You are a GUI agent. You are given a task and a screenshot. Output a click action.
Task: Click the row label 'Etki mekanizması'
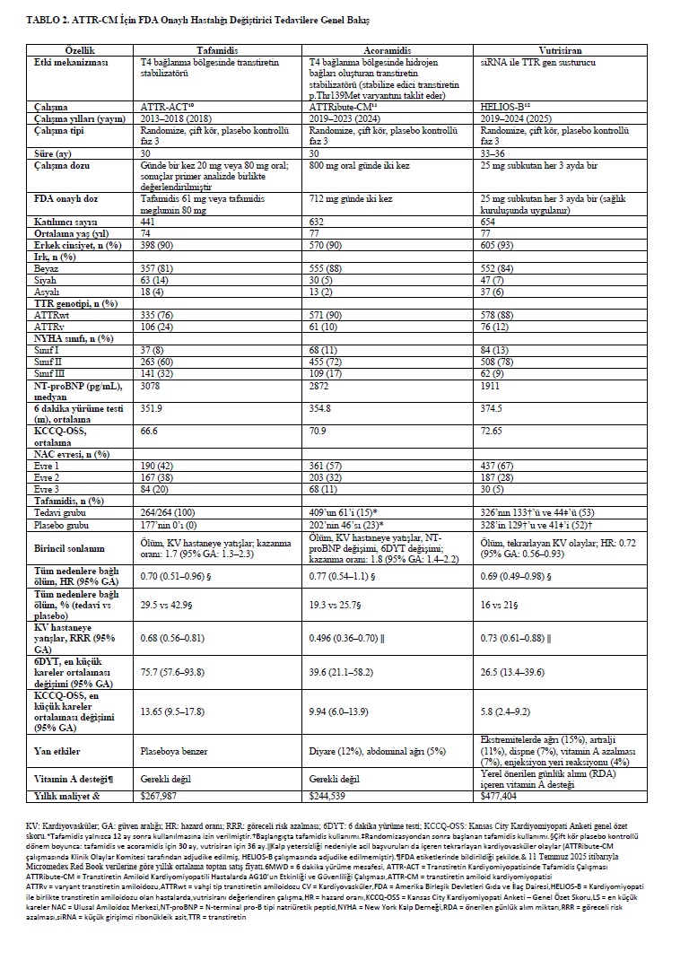point(70,63)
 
